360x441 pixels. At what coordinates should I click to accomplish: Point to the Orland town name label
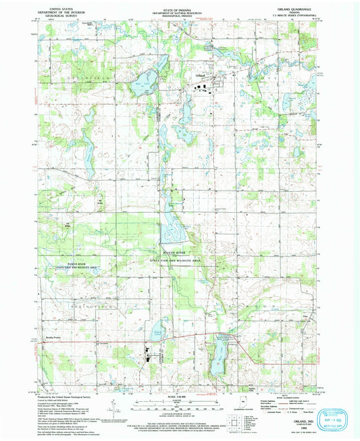click(199, 75)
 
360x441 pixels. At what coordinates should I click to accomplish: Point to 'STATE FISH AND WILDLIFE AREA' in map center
click(180, 259)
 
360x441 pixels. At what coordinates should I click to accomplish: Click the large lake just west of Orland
click(144, 86)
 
